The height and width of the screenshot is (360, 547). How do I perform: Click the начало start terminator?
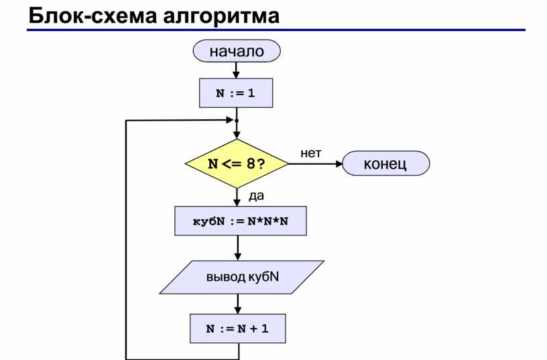click(237, 51)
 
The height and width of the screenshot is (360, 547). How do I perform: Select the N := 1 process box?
click(236, 93)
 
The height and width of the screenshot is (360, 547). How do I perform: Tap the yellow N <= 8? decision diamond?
click(237, 164)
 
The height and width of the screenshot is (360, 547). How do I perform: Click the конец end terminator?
click(386, 164)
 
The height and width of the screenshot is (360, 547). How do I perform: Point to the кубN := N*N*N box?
click(241, 221)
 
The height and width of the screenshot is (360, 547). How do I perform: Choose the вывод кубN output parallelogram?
click(242, 277)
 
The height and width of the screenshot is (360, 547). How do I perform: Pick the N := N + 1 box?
click(237, 328)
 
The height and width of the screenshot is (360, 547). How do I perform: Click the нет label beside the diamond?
click(311, 153)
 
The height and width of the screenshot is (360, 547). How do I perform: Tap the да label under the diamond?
click(256, 196)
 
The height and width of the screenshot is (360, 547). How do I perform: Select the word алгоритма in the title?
click(221, 16)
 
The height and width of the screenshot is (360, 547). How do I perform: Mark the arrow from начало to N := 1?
click(236, 70)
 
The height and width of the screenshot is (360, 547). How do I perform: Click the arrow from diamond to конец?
click(316, 164)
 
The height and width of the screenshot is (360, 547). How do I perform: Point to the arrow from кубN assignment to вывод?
click(237, 247)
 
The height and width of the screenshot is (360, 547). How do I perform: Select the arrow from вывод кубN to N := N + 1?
click(237, 304)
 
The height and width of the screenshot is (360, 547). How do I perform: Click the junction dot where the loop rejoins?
click(237, 121)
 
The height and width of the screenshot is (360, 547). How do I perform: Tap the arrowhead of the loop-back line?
click(230, 120)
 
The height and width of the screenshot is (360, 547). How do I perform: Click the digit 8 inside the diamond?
click(251, 164)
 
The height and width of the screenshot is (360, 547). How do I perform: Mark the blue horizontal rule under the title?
click(276, 30)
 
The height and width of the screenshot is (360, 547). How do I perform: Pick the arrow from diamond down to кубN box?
click(237, 198)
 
